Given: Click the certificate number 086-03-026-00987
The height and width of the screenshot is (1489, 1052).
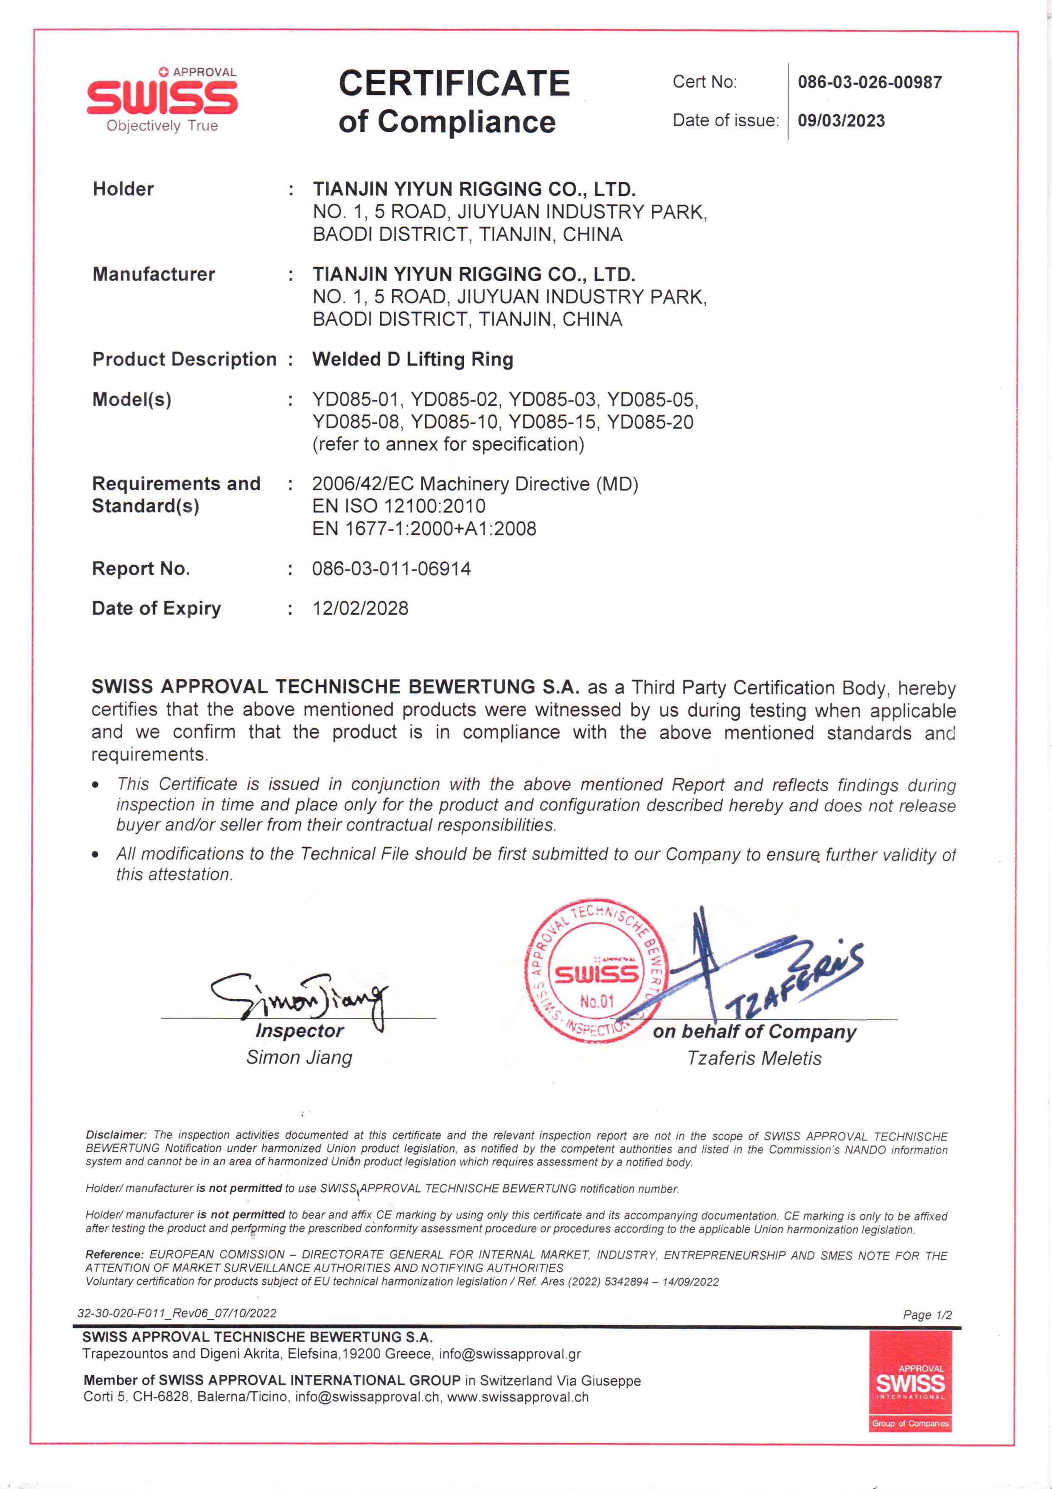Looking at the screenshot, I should point(869,82).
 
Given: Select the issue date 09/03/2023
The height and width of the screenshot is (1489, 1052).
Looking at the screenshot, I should point(841,121).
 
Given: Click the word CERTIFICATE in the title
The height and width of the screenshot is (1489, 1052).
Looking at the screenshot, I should point(454,84).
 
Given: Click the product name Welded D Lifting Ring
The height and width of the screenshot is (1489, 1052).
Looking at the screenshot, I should point(413,359).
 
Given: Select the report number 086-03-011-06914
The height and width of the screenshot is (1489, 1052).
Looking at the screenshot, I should point(392,569).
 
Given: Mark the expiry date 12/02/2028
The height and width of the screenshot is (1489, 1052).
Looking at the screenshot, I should point(360,608).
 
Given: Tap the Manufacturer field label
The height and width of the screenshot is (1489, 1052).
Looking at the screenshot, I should point(154,274).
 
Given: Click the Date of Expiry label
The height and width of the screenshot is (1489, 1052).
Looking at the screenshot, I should point(156,608).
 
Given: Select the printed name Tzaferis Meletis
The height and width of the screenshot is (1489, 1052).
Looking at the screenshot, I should point(754,1058).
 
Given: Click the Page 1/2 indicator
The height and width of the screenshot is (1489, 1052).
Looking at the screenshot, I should point(927,1314).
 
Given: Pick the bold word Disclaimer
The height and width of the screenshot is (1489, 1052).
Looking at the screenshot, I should point(116,1135).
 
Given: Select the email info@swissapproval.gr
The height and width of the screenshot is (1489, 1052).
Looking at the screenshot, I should point(510,1354).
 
